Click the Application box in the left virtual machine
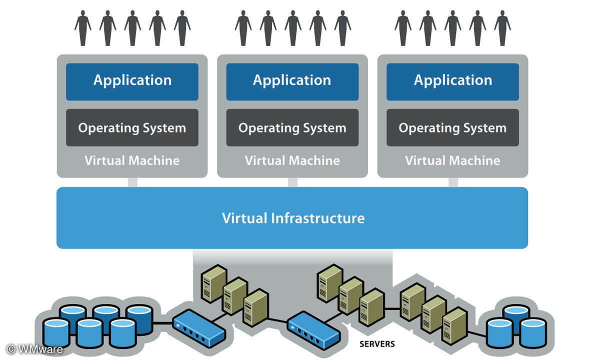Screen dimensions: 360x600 pos(132,81)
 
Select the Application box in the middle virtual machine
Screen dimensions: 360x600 pos(292,81)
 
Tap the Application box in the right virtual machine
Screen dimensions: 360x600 pos(452,81)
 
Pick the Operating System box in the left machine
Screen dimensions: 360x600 pos(132,128)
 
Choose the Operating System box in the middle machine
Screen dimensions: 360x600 pos(292,128)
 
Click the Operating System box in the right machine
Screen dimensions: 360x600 pos(452,128)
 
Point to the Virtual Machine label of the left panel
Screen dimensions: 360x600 pos(132,160)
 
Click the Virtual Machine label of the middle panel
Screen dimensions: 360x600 pos(292,160)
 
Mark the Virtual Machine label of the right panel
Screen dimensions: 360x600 pos(452,160)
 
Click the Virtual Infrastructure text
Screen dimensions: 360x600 pos(293,218)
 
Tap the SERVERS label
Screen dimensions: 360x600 pos(377,344)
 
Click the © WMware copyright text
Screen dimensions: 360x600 pos(35,349)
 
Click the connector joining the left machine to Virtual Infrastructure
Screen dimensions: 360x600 pos(132,182)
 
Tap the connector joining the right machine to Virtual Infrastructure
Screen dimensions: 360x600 pos(453,182)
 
